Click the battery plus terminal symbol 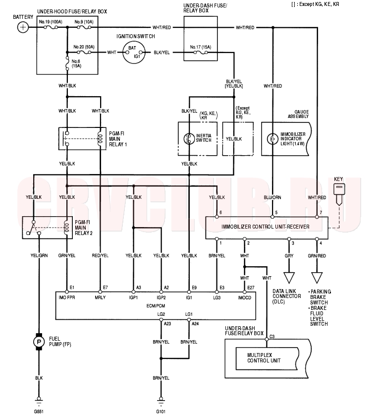coord(23,27)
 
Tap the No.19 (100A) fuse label coord(51,22)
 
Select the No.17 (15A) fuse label coord(200,47)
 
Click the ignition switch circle coord(134,53)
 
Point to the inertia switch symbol coord(189,138)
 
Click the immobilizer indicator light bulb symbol coord(272,139)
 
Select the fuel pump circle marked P coord(39,342)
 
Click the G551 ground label coord(39,412)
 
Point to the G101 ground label coord(161,412)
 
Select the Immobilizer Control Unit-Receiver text coord(265,227)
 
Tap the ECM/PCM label coord(156,306)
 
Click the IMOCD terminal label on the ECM coord(245,298)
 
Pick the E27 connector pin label coord(251,288)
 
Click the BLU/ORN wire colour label coord(272,197)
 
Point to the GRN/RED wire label coord(317,255)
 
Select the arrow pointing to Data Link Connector coord(289,272)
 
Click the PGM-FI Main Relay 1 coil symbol coord(100,138)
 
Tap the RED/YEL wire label coord(100,255)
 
